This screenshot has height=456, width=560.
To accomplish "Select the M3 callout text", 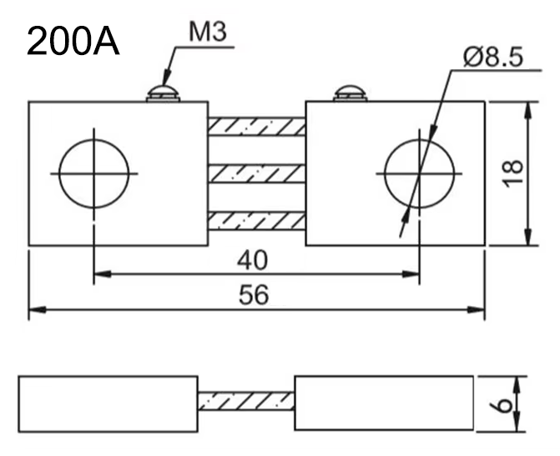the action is tap(208, 32).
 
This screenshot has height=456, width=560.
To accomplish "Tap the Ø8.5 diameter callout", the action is tap(493, 57).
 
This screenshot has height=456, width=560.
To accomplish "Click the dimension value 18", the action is tap(512, 173).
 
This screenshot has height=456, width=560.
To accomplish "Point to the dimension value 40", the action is tap(252, 260).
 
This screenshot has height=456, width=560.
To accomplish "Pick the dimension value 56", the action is tap(253, 295).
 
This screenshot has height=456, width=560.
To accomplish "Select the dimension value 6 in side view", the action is tap(502, 405).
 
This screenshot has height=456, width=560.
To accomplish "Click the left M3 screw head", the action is tap(163, 93).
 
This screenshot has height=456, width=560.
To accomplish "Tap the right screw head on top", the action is tap(351, 93).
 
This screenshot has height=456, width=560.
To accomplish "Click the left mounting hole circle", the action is tap(59, 173).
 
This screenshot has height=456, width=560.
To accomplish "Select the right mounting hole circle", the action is tap(385, 173).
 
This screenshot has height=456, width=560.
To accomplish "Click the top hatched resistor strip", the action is tap(257, 127).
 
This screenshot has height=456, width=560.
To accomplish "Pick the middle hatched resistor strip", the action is tap(257, 173).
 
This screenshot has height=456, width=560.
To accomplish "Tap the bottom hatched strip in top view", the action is tap(257, 221).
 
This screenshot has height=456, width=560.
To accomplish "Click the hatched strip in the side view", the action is tap(246, 401).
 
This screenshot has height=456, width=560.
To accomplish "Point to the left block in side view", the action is tap(108, 404).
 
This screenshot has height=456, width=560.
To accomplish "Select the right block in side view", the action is tap(384, 403).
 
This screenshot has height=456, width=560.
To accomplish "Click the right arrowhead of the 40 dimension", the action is tap(411, 274).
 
